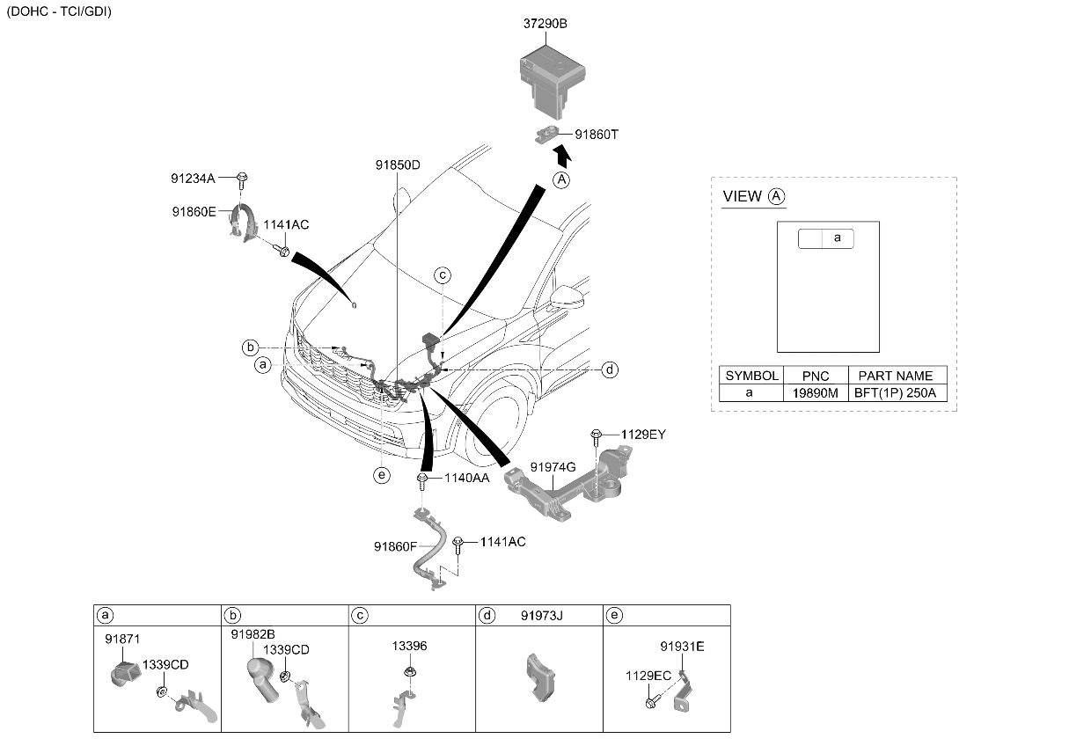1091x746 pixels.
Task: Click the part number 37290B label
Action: [545, 24]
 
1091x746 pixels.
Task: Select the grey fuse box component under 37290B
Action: [553, 81]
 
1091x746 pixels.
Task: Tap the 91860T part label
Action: [597, 135]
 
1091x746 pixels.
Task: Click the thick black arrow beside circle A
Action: [562, 156]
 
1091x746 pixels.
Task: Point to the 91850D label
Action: [398, 165]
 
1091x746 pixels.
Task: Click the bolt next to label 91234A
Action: [242, 180]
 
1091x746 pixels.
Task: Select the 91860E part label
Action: [194, 212]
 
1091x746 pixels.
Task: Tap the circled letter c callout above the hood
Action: [443, 275]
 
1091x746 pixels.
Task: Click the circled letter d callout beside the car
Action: [610, 370]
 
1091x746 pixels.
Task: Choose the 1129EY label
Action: [643, 435]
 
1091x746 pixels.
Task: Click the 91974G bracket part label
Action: [553, 467]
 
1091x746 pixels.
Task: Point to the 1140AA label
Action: [466, 479]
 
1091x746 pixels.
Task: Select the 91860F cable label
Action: [395, 547]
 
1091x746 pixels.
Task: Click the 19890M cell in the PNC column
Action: [816, 393]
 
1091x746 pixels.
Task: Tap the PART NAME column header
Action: [895, 376]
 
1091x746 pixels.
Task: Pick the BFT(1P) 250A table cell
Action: [895, 393]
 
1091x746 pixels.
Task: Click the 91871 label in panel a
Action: [122, 639]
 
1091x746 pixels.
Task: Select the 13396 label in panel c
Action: [409, 647]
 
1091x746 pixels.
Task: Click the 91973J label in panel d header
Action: [542, 616]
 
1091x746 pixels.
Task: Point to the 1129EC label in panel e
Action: [648, 676]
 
